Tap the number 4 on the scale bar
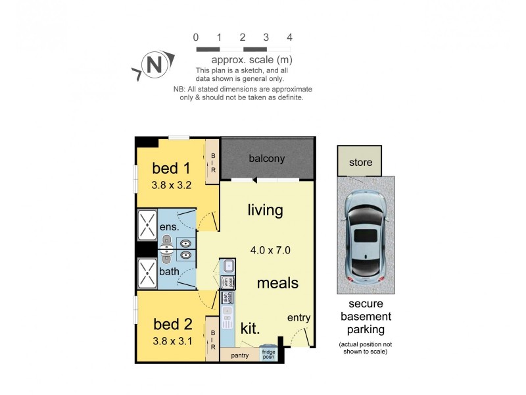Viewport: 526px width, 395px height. tap(289, 37)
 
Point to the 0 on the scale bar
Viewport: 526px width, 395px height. tap(196, 37)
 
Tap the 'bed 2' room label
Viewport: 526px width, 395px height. tap(172, 324)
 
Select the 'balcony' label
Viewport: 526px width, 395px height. tap(266, 159)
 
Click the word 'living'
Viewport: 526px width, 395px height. tap(265, 211)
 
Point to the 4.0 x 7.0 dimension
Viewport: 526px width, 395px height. tap(270, 250)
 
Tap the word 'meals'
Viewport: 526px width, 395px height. tap(277, 283)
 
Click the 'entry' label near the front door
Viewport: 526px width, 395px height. tap(299, 318)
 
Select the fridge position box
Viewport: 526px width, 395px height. tap(268, 354)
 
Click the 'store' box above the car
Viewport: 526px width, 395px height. tap(360, 162)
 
